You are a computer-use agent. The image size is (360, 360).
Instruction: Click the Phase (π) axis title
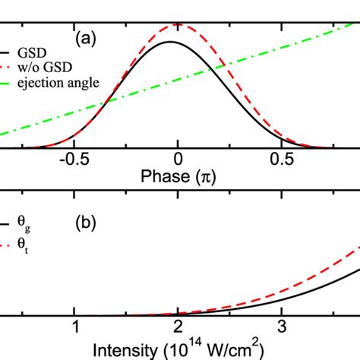click(177, 176)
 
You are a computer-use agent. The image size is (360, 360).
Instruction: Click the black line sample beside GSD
click(6, 52)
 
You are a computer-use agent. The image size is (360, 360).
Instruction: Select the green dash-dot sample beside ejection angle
click(6, 83)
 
